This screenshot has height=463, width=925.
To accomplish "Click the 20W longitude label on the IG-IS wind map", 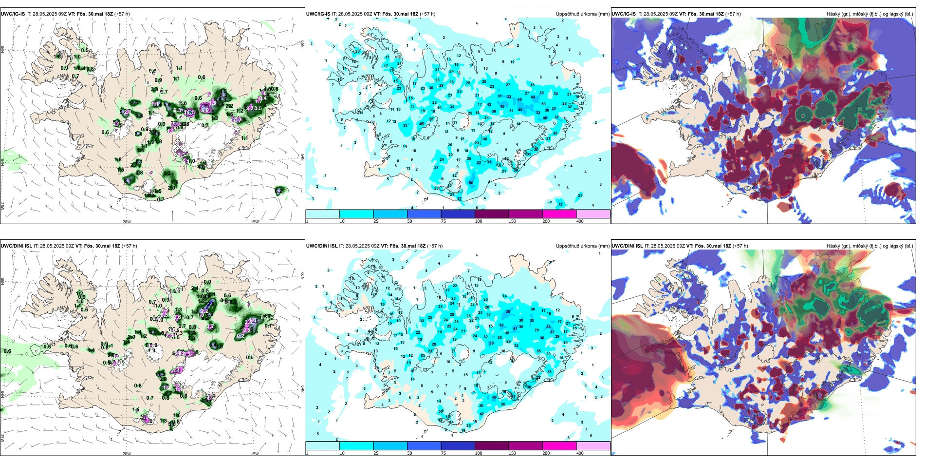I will pos(127,222).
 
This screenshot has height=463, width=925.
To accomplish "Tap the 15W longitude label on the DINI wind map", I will pos(255,454).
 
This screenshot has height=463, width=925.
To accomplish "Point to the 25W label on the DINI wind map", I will pos(2,438).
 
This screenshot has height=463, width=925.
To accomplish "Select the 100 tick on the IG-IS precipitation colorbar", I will pos(478,221).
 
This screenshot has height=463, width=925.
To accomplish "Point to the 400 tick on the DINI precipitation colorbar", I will pos(580,453).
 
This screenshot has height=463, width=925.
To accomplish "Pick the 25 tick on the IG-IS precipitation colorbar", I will pos(376,221).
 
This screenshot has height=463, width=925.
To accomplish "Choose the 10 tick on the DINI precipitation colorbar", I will pos(342,453).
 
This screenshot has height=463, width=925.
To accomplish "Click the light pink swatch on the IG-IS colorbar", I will pos(593,214).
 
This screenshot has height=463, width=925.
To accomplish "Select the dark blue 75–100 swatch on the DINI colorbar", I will pos(458,446).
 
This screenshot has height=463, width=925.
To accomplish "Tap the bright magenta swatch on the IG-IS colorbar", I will pos(559,214).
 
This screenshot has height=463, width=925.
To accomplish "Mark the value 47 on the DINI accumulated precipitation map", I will pos(501,326).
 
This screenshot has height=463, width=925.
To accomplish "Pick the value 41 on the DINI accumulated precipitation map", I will pos(515,328).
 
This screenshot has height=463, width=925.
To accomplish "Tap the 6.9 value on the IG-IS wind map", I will pos(205,111).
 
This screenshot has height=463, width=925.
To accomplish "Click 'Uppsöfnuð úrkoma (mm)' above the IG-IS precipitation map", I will pos(582,14).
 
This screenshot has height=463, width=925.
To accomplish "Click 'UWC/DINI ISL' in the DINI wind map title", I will pos(16,246).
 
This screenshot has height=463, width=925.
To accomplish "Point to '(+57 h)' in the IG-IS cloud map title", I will pos(733,14).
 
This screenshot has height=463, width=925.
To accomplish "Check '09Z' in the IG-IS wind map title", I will pos(68,14).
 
